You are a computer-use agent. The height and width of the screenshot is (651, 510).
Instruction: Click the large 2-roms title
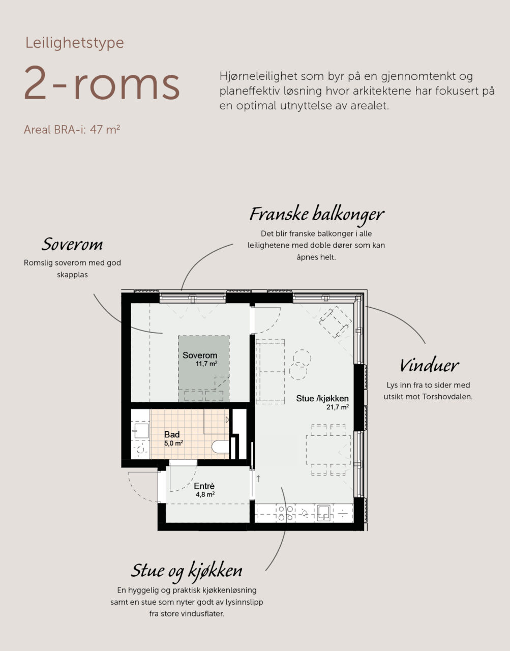[102, 83]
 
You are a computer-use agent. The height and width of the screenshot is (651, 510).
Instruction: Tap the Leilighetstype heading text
[75, 43]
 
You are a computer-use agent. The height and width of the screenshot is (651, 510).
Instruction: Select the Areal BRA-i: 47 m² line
[72, 130]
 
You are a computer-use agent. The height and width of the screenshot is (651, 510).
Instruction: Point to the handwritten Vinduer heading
[429, 366]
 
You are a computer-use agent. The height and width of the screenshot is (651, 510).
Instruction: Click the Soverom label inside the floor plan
[200, 356]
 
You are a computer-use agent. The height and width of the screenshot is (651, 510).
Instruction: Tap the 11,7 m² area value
[206, 364]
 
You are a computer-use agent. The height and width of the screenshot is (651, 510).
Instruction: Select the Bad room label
[172, 434]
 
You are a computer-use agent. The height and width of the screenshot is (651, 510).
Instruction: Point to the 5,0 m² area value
[173, 443]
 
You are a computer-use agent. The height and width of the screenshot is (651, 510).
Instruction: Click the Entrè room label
[204, 486]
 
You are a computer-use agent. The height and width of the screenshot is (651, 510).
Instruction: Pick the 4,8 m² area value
[205, 494]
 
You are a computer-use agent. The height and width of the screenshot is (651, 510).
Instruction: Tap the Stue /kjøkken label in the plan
[322, 398]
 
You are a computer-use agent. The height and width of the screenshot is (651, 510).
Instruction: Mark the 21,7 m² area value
[338, 407]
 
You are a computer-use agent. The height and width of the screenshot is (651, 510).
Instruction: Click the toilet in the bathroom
[220, 447]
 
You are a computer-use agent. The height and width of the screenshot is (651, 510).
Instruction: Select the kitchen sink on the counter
[324, 513]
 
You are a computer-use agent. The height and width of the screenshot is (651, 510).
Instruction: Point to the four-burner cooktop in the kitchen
[285, 513]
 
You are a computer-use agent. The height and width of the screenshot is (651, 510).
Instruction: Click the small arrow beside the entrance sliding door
[258, 479]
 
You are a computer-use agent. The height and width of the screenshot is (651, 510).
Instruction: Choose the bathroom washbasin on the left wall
[140, 430]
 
